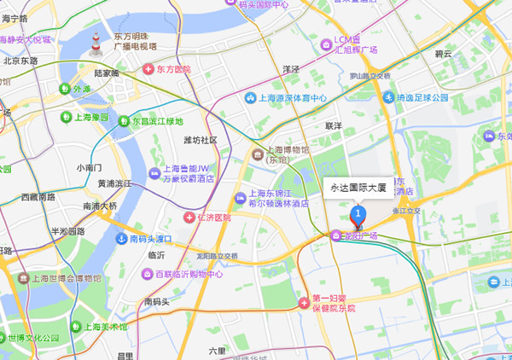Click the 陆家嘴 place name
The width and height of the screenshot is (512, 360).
click(x=107, y=74)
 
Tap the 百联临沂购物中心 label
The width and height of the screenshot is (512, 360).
click(x=183, y=274)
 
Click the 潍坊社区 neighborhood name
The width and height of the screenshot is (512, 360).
click(x=201, y=140)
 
